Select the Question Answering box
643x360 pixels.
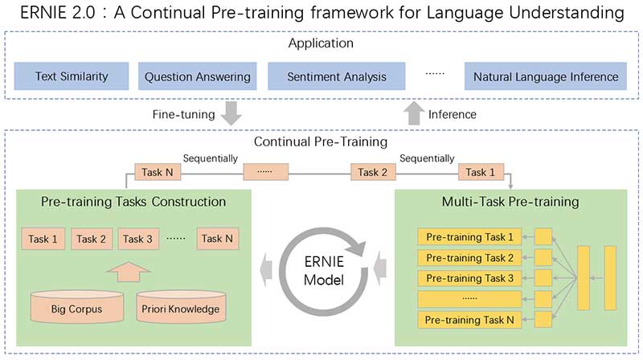198,77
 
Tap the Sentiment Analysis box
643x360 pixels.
338,77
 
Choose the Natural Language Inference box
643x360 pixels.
546,77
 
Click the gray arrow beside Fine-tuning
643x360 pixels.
231,113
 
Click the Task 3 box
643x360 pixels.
138,239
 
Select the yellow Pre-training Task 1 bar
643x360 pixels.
470,237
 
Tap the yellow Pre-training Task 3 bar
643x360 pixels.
470,278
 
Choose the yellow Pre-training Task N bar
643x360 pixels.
470,320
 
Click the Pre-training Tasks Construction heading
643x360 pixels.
133,201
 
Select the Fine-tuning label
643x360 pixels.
183,114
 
